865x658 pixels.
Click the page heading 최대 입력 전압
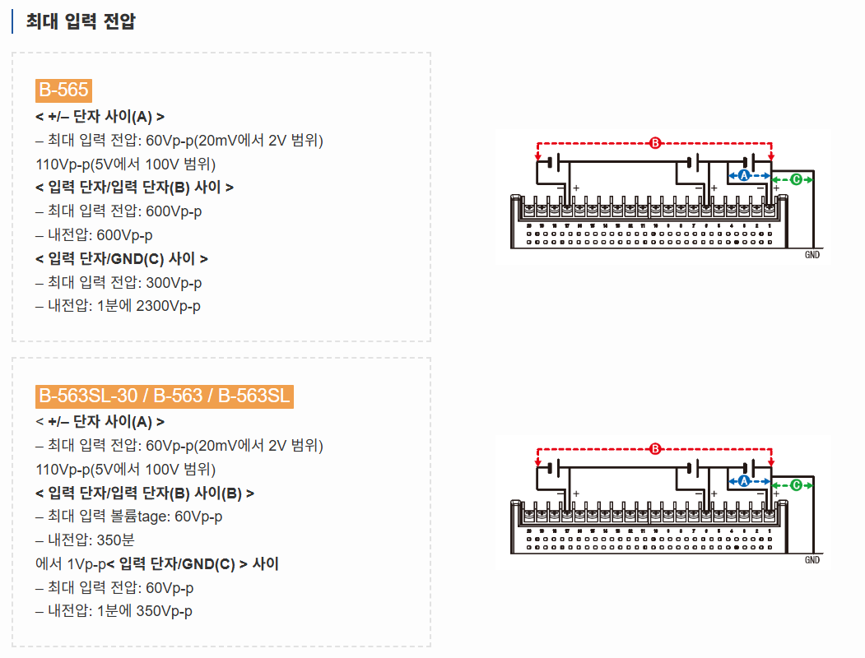(80, 21)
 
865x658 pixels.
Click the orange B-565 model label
(63, 90)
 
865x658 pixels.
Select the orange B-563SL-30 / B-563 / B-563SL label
(165, 396)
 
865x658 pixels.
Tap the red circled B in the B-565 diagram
(655, 143)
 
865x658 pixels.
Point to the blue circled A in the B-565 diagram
(743, 176)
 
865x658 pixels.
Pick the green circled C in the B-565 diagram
(796, 179)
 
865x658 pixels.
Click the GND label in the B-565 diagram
(812, 255)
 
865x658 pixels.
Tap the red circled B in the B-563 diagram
(655, 449)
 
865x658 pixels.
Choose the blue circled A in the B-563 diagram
(743, 481)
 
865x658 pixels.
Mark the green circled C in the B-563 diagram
(796, 485)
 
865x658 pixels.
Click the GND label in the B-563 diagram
(812, 560)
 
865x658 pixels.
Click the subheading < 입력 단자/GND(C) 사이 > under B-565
(122, 259)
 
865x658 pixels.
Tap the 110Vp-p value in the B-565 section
(65, 164)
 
